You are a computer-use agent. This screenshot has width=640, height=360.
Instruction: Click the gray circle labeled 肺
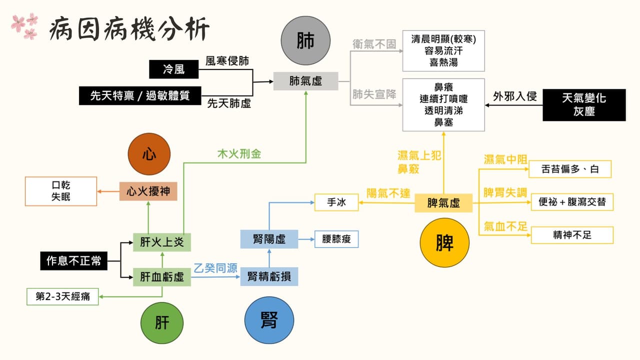305,40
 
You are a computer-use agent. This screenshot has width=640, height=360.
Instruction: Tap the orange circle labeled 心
149,154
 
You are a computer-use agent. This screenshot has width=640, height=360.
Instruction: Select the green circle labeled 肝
162,323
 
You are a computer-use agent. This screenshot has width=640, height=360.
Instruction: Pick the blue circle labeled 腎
269,320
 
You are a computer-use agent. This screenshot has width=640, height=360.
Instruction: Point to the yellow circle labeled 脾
444,242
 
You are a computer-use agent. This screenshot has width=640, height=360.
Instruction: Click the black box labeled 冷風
173,69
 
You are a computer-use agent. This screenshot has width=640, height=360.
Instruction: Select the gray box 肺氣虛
305,81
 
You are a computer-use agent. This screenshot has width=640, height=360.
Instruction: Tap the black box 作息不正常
73,261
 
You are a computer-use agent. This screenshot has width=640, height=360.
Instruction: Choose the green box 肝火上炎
162,242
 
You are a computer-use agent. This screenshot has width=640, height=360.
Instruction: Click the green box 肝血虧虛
162,277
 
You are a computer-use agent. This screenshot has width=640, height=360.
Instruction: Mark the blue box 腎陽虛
269,239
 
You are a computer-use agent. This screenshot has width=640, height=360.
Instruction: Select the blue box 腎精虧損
269,276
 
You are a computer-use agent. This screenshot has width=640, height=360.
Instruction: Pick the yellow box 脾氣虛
443,203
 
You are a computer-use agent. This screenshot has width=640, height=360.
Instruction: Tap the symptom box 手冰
336,202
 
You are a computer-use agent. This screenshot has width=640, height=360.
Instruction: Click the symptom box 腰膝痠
336,239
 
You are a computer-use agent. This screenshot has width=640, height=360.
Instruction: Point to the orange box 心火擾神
148,191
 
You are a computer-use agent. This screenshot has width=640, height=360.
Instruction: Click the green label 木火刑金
239,154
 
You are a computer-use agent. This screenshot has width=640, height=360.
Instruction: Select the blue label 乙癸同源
215,268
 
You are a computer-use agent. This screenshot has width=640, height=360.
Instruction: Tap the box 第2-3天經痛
62,296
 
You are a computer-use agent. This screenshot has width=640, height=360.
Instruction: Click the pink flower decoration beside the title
24,25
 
